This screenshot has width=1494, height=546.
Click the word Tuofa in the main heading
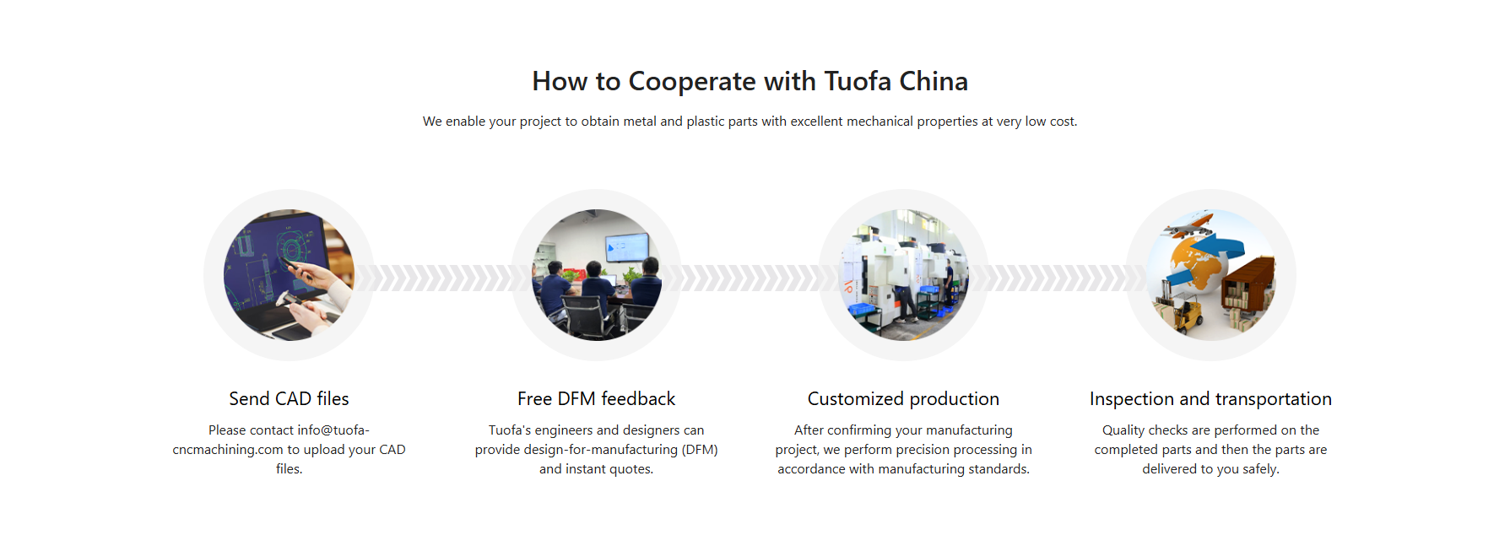858,81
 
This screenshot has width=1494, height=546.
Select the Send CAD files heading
289,398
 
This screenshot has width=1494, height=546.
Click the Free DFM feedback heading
596,398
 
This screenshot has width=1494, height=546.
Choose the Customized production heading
903,398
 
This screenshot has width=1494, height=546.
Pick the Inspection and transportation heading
1210,398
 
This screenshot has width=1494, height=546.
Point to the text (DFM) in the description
700,450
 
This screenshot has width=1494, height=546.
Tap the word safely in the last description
1260,469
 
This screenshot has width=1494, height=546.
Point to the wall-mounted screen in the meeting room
626,246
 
